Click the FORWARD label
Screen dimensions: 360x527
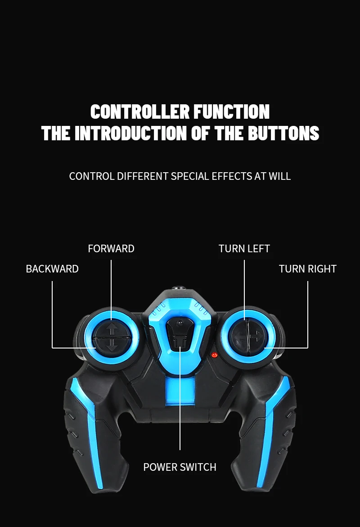coord(111,249)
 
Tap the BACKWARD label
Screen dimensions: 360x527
coord(52,269)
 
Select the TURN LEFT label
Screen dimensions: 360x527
coord(244,249)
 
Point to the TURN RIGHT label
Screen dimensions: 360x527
coord(307,269)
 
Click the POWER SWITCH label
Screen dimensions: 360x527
coord(180,467)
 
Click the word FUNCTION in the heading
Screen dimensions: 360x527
coord(232,112)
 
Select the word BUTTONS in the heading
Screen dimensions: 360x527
coord(283,133)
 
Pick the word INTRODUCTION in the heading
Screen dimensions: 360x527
coord(130,133)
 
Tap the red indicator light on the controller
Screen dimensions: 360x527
coord(215,355)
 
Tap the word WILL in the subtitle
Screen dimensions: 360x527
coord(280,176)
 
